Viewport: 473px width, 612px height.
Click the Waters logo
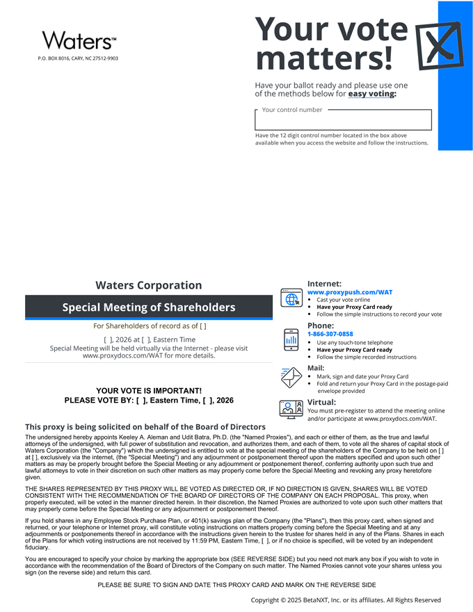pyautogui.click(x=79, y=40)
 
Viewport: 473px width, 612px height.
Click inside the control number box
pyautogui.click(x=343, y=120)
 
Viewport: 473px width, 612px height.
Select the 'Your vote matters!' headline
pyautogui.click(x=331, y=43)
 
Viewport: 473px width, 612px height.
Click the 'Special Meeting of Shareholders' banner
pyautogui.click(x=149, y=307)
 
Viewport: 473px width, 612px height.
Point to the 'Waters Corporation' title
pyautogui.click(x=149, y=285)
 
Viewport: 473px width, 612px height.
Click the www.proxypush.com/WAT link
pyautogui.click(x=350, y=292)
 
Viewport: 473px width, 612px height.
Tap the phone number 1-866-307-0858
pyautogui.click(x=330, y=335)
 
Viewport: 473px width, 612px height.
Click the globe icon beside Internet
pyautogui.click(x=290, y=298)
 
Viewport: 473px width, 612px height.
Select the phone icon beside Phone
pyautogui.click(x=291, y=339)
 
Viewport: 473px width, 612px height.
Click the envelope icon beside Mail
pyautogui.click(x=291, y=376)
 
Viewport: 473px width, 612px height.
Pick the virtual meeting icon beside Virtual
pyautogui.click(x=291, y=409)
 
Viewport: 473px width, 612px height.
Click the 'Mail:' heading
pyautogui.click(x=316, y=368)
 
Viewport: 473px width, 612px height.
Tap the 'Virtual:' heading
pyautogui.click(x=321, y=402)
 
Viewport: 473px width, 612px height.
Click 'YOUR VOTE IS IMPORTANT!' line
pyautogui.click(x=149, y=391)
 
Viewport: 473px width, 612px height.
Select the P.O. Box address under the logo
pyautogui.click(x=78, y=58)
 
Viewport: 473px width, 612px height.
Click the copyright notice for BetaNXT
pyautogui.click(x=346, y=599)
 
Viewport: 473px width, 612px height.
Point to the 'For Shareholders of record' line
pyautogui.click(x=149, y=325)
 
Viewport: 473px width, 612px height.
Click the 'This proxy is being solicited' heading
pyautogui.click(x=145, y=426)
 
